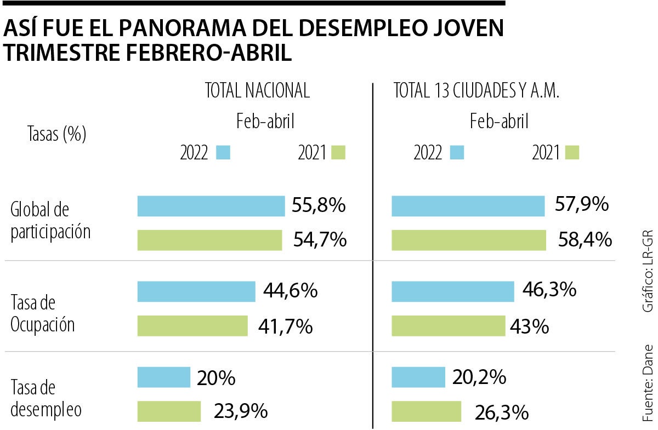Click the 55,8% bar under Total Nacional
click(211, 206)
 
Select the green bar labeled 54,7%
click(209, 240)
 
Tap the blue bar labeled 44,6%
click(196, 291)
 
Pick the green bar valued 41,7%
click(192, 326)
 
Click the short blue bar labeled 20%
click(163, 377)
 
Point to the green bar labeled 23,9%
click(169, 411)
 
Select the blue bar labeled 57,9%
click(468, 206)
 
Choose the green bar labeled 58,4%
click(469, 240)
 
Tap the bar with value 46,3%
click(453, 291)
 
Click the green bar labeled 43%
click(448, 326)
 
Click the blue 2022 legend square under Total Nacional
click(223, 152)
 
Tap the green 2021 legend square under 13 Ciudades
click(572, 152)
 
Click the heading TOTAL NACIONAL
click(257, 91)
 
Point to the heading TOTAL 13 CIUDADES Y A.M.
click(476, 91)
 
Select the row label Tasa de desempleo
click(46, 398)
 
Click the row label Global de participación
click(50, 220)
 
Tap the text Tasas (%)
click(56, 134)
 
